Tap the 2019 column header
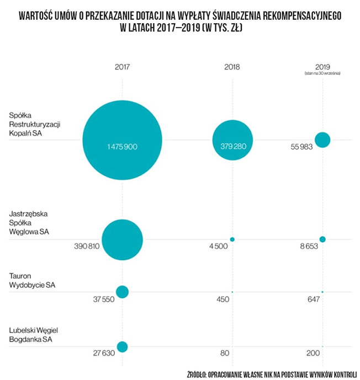point(322,66)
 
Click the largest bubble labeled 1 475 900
point(122,140)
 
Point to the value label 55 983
point(301,147)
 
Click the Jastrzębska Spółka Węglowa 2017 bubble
point(122,239)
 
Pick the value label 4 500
point(218,247)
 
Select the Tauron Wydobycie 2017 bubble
point(122,291)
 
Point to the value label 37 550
point(102,299)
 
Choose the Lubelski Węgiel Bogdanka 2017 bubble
point(122,347)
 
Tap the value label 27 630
point(102,354)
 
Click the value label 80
point(224,354)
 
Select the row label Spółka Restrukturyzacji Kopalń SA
point(34,125)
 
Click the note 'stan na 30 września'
point(322,73)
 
